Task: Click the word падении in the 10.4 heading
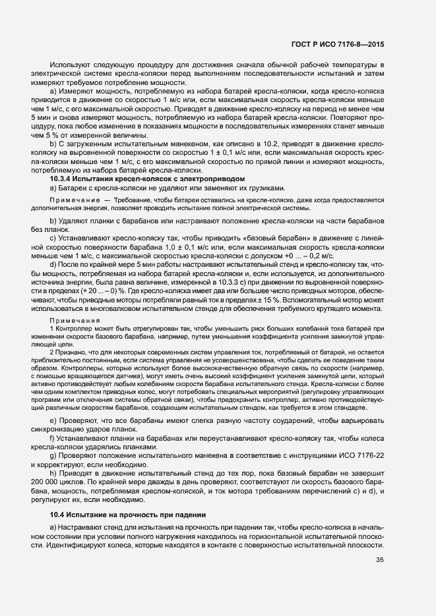[191, 514]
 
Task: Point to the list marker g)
[53, 464]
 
